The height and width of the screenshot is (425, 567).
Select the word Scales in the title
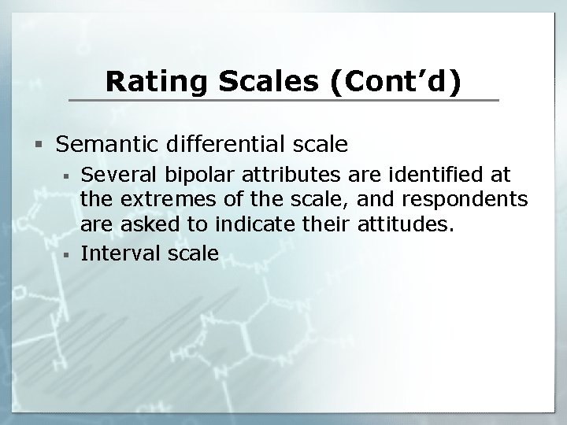click(x=248, y=82)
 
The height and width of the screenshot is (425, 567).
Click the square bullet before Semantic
click(x=39, y=146)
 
